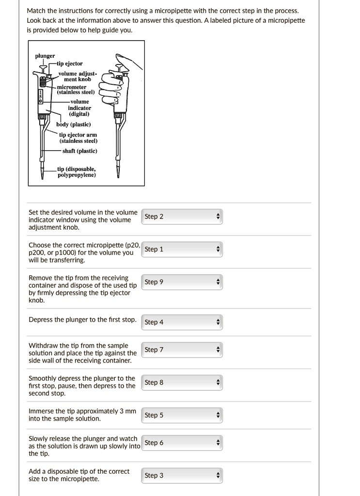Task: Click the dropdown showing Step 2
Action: pos(182,217)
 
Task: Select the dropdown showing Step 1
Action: pos(182,249)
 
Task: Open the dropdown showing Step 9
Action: pos(182,282)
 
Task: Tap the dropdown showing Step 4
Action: pos(182,322)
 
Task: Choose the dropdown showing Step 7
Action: pos(182,350)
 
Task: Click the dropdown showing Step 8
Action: pos(182,383)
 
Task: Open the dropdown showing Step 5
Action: pos(182,415)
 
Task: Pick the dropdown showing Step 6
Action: pos(182,443)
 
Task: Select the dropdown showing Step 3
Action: pos(182,476)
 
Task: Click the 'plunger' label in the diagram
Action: pos(45,56)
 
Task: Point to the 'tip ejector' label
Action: pos(70,63)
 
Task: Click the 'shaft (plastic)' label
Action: pos(79,151)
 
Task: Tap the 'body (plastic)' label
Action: pos(73,124)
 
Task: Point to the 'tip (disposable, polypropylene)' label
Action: pos(77,172)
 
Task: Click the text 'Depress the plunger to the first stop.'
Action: pos(82,320)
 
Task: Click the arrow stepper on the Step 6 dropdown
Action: pos(218,443)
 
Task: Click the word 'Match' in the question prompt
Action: pos(36,11)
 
